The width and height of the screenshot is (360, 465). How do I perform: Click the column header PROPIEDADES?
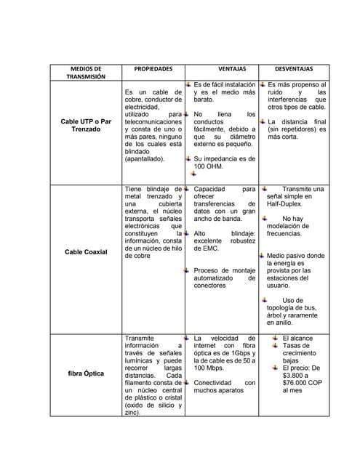[153, 68]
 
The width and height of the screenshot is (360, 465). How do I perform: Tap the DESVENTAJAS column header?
[294, 68]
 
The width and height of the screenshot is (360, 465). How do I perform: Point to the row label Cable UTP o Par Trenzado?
[86, 125]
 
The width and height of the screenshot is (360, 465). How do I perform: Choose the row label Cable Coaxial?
[86, 251]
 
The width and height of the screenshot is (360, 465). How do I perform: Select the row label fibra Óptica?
[86, 373]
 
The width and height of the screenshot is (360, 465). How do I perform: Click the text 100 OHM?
[209, 166]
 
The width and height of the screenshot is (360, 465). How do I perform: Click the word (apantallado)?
[145, 158]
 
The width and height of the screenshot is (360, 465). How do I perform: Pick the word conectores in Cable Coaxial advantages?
[210, 286]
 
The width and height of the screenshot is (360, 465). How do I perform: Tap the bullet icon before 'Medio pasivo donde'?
[263, 256]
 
